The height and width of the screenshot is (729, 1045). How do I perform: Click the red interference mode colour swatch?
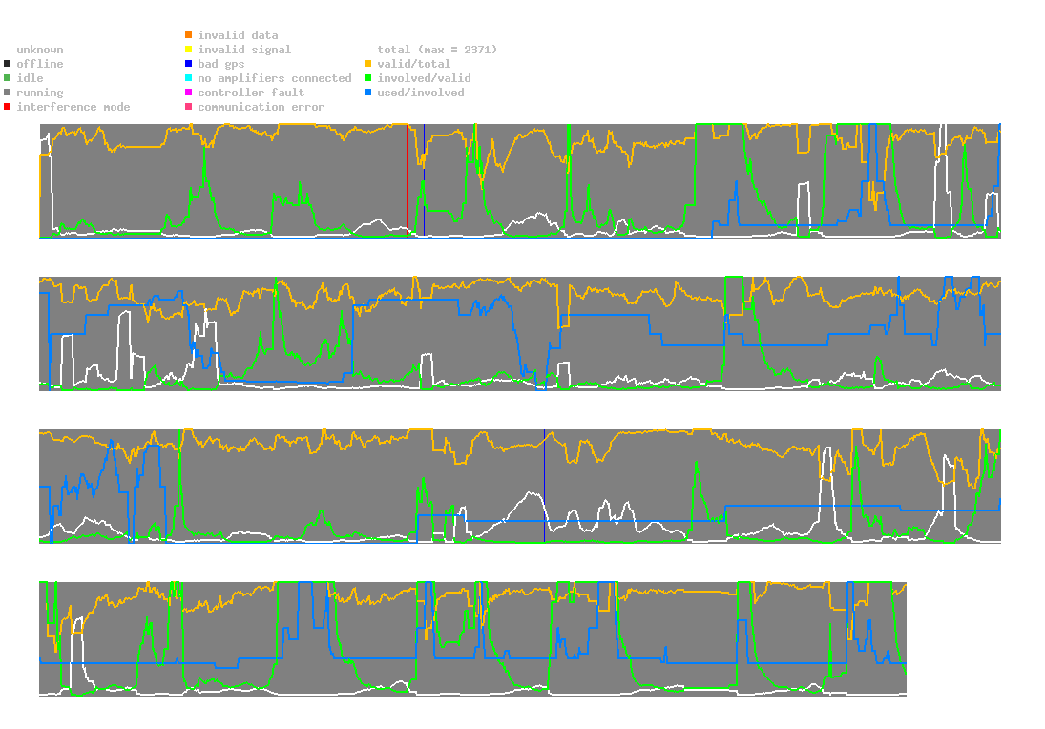pyautogui.click(x=8, y=107)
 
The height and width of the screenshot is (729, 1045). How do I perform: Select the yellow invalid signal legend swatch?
pyautogui.click(x=188, y=50)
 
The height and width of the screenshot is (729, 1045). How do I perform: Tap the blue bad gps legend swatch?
pyautogui.click(x=188, y=64)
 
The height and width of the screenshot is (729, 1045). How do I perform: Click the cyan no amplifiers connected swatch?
pyautogui.click(x=188, y=78)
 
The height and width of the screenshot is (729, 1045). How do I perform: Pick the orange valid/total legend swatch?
pyautogui.click(x=368, y=64)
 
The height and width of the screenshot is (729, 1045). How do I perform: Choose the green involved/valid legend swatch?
pyautogui.click(x=368, y=78)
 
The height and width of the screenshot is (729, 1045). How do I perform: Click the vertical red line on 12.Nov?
pyautogui.click(x=407, y=181)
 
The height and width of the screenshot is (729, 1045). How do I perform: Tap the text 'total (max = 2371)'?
pyautogui.click(x=437, y=50)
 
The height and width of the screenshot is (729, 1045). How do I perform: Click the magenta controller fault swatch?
pyautogui.click(x=188, y=93)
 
